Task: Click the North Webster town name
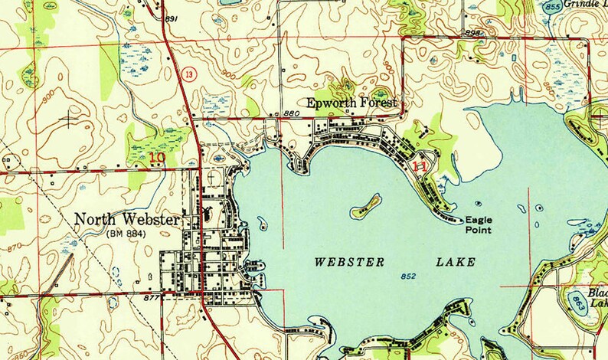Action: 127,220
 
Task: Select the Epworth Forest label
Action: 353,103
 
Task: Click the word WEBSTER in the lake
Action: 349,262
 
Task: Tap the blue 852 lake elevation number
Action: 407,276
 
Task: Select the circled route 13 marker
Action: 188,74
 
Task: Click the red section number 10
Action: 156,158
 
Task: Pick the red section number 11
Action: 419,165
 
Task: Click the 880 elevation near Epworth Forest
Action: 290,113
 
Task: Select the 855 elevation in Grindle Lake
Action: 551,7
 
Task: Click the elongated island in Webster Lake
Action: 367,205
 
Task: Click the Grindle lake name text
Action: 586,4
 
